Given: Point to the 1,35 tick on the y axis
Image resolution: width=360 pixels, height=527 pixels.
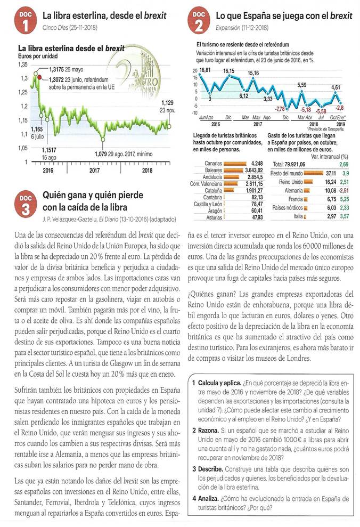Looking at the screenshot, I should (x=23, y=64).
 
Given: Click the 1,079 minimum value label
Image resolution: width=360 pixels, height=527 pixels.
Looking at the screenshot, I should (x=103, y=154).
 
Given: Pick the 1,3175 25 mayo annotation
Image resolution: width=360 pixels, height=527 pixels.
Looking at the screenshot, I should (x=66, y=69).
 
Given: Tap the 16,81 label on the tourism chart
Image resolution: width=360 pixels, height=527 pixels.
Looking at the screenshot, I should (x=206, y=70).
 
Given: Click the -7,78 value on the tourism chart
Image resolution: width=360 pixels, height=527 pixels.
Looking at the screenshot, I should (x=280, y=109).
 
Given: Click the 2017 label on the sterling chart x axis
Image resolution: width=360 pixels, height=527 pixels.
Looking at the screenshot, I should (x=95, y=171).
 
